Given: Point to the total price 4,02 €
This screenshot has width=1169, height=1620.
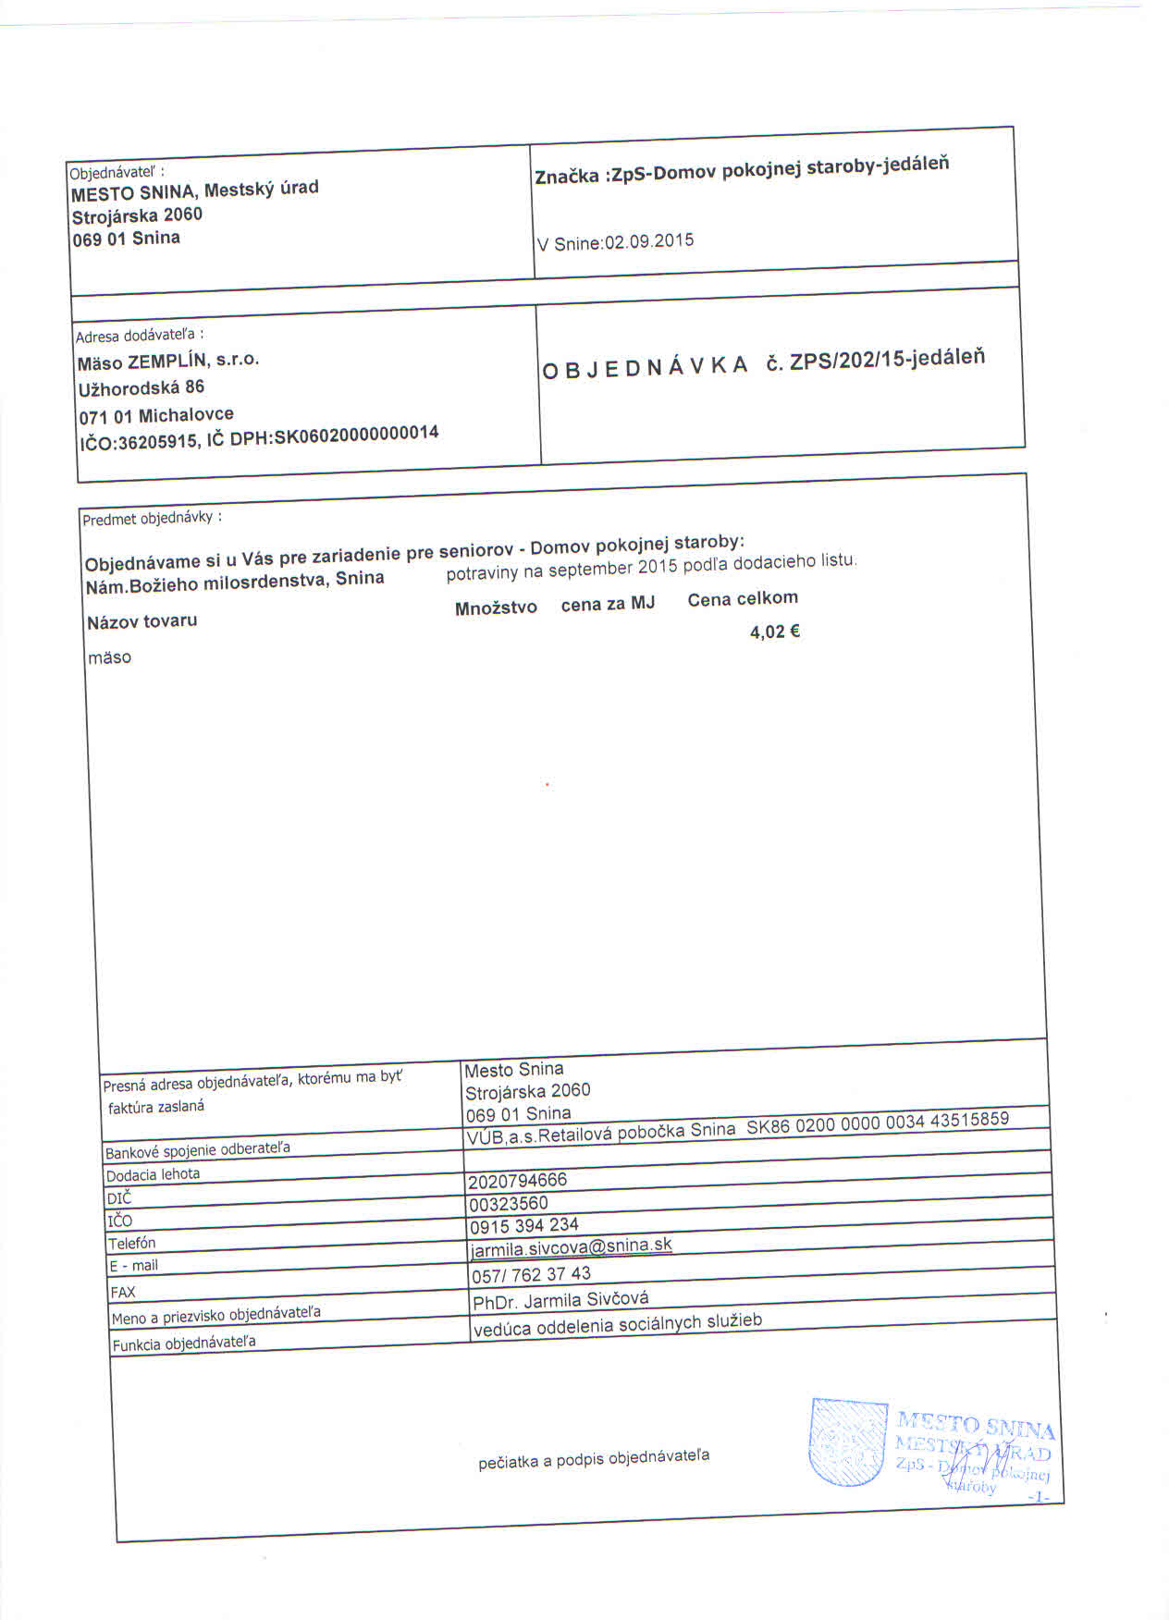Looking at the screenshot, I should click(x=774, y=632).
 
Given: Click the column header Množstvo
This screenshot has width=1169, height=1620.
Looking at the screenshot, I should click(x=496, y=608).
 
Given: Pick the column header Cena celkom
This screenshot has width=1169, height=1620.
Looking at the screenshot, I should click(x=743, y=599).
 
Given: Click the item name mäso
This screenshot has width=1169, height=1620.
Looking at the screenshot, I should click(x=109, y=658).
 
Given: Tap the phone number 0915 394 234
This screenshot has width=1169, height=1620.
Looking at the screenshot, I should click(x=524, y=1226).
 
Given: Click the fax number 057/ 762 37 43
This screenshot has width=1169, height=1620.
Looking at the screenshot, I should click(x=531, y=1275).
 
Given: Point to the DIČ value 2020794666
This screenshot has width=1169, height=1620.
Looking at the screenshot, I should click(x=517, y=1181).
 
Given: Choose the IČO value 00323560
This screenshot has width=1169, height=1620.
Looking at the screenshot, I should click(x=509, y=1204).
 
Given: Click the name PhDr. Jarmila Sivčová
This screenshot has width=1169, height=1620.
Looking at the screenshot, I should click(x=560, y=1301).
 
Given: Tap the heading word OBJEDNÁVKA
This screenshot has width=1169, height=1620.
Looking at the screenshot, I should click(x=645, y=368).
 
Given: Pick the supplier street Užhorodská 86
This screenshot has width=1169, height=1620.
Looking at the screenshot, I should click(x=142, y=387).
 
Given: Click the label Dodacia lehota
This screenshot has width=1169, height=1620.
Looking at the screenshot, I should click(x=153, y=1175).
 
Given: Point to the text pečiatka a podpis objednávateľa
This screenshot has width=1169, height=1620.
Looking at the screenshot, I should click(x=594, y=1459).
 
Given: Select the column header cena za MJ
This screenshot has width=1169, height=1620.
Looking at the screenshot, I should click(x=608, y=604).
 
